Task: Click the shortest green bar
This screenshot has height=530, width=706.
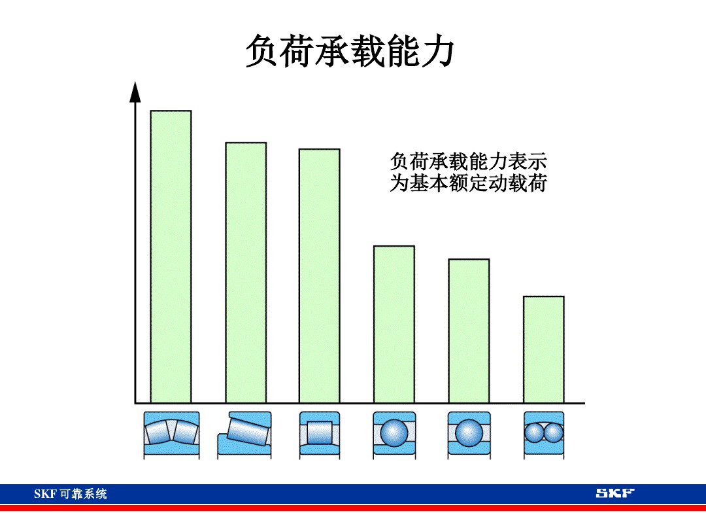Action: point(543,349)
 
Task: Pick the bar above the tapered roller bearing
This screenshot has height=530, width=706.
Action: point(246,272)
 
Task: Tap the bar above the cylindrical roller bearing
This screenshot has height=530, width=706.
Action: point(320,275)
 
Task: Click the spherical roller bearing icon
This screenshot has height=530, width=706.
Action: point(171,434)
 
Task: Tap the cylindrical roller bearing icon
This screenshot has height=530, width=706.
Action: point(320,434)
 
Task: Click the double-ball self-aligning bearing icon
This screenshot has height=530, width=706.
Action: point(544,434)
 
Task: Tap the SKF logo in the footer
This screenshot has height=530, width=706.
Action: point(614,493)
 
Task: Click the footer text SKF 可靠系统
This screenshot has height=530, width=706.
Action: point(71,494)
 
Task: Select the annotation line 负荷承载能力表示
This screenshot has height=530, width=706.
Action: point(468,161)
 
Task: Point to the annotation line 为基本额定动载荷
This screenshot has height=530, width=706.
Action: point(468,183)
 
